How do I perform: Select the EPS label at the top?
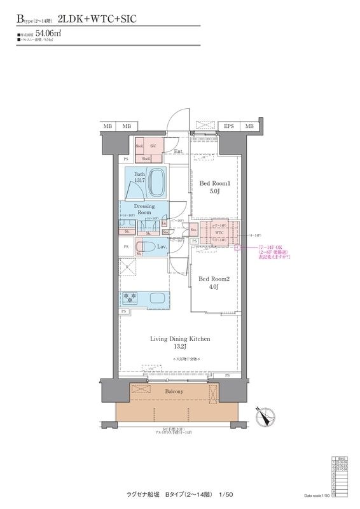(x=228, y=127)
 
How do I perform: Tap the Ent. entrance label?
(x=179, y=151)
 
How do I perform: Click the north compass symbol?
(x=263, y=417)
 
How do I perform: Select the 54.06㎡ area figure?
(x=48, y=32)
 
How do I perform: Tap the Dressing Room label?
(x=144, y=209)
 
